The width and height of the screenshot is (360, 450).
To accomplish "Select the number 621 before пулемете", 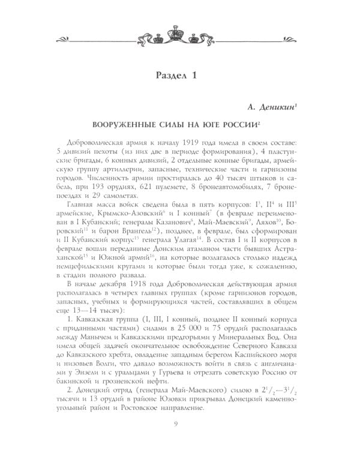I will pos(147,188).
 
